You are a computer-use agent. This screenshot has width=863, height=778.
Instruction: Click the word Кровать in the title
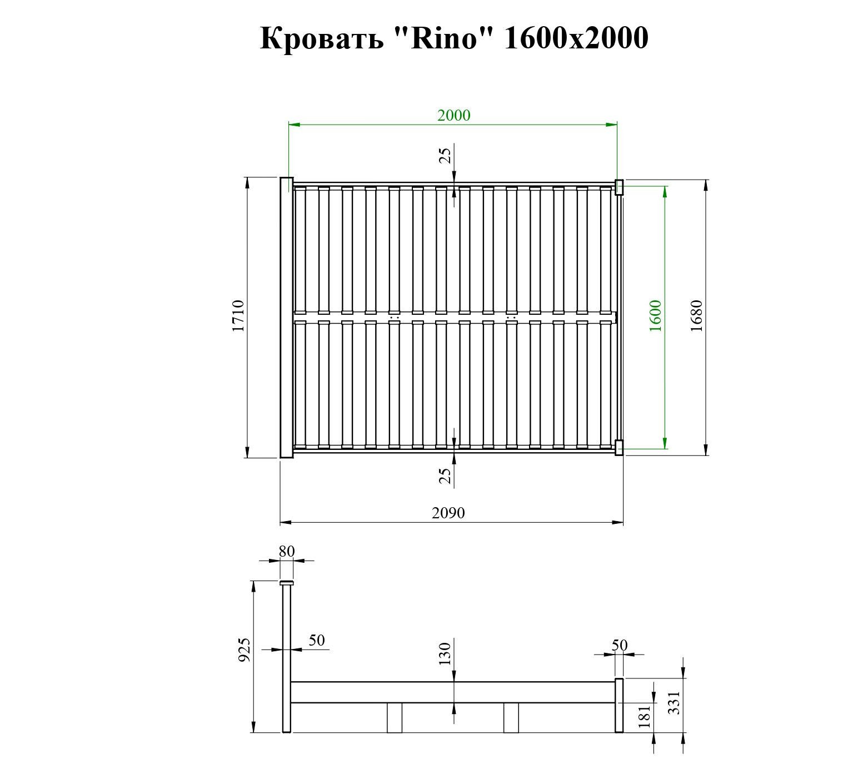pos(322,39)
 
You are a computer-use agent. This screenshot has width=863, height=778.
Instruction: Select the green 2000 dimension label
pos(453,115)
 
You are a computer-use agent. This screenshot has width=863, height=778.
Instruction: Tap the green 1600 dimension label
pos(656,316)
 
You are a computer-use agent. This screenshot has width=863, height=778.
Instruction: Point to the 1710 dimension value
pos(238,316)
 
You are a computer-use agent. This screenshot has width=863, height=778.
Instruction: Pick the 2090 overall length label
pos(448,513)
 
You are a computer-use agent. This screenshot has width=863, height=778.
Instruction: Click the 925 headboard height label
pos(245,650)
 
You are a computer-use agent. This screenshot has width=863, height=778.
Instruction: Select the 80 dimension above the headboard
pos(287,552)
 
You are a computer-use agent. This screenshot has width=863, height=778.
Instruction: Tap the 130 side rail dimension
pos(445,655)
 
